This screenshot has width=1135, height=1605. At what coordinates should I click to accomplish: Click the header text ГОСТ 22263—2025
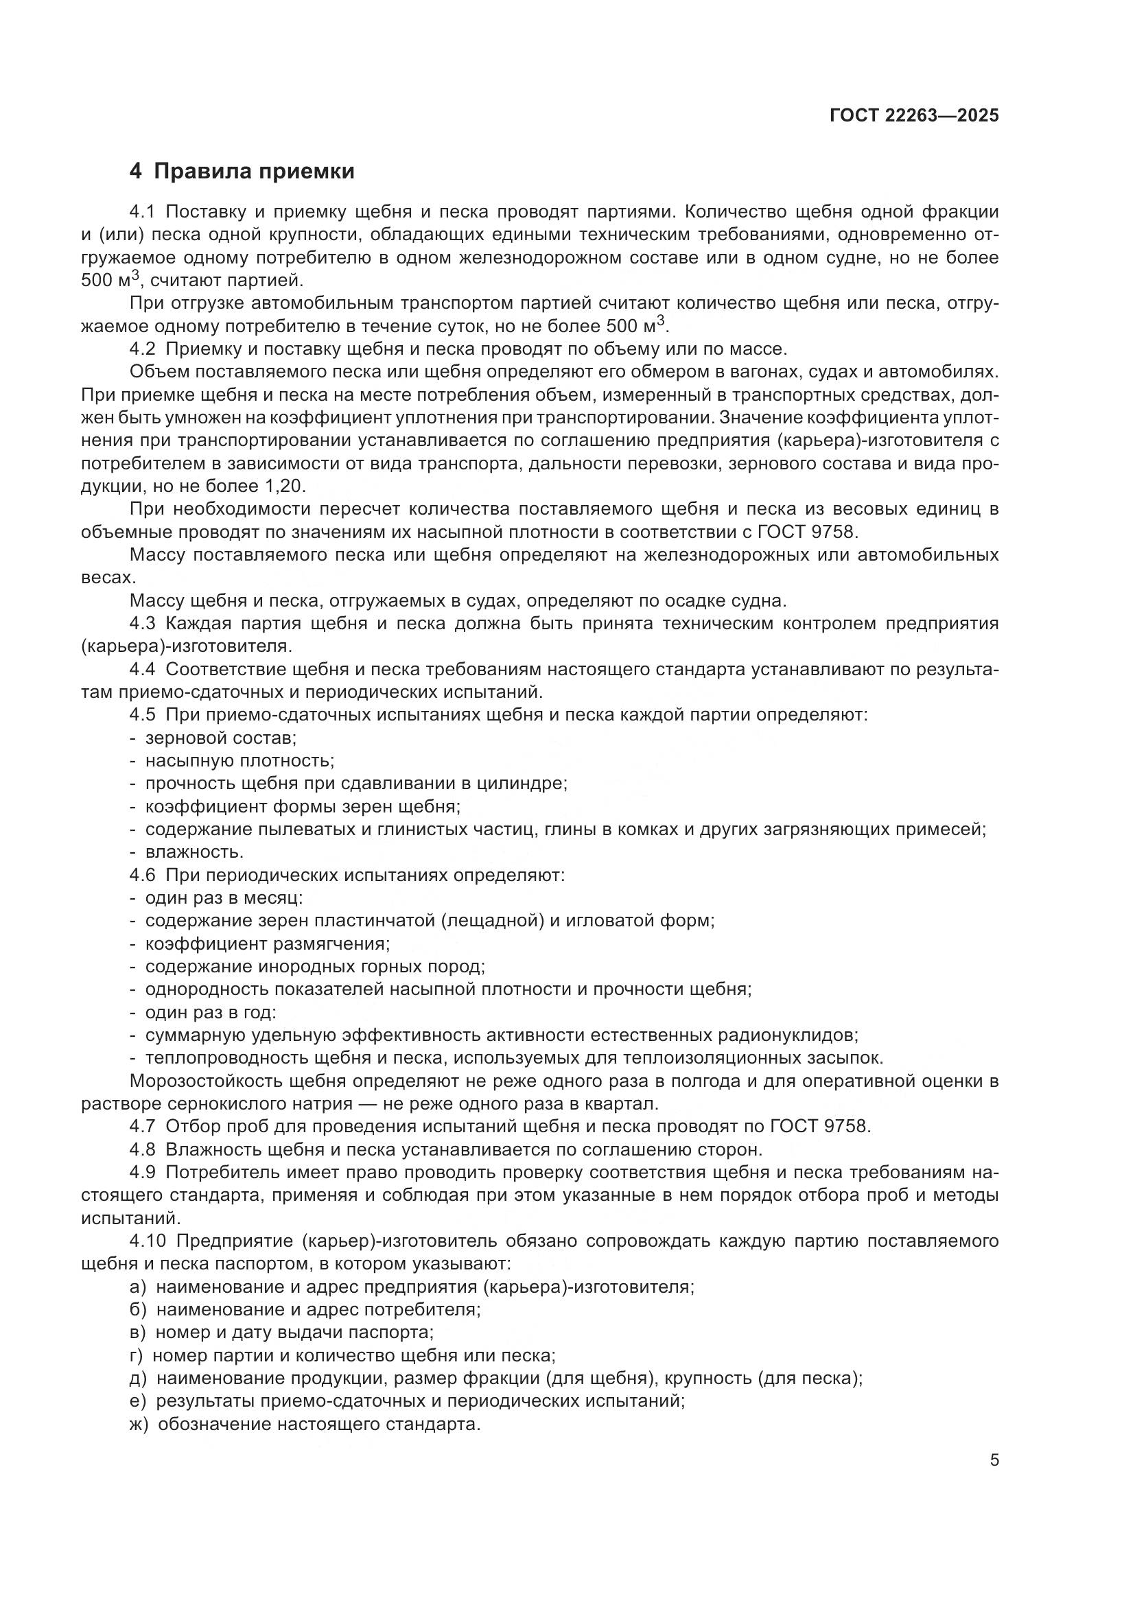[914, 116]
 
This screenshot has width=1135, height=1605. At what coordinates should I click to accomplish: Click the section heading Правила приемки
[254, 172]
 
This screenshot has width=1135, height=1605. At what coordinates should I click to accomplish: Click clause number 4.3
[143, 624]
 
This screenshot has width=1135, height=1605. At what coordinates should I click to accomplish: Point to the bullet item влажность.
[194, 852]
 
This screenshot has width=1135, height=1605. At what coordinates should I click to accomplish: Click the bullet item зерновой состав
[221, 738]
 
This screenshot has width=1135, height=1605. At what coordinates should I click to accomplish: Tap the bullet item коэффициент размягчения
[267, 944]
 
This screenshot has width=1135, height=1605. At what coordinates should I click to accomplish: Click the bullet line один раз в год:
[211, 1012]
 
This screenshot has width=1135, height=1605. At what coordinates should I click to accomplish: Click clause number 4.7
[143, 1127]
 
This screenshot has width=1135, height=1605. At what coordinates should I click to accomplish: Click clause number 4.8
[143, 1150]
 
